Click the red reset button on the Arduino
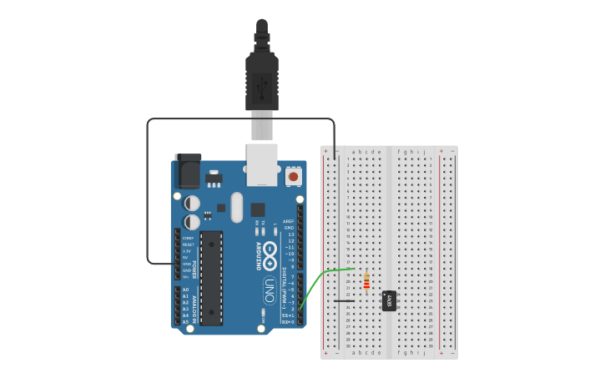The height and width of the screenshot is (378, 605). pos(293,177)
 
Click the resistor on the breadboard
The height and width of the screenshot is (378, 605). pos(366,283)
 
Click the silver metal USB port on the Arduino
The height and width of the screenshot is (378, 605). pos(262,163)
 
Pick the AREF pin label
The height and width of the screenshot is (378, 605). pos(289,222)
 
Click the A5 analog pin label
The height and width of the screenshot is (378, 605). pos(185,321)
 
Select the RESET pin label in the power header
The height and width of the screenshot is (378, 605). pos(188,244)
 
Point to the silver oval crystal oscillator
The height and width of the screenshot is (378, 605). pos(236,207)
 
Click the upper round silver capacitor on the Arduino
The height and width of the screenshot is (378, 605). pos(192,203)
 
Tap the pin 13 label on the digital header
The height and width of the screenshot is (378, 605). pos(290,234)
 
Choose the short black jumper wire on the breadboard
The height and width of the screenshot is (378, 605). pos(345,300)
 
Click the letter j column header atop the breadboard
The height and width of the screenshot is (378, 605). pos(424,152)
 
